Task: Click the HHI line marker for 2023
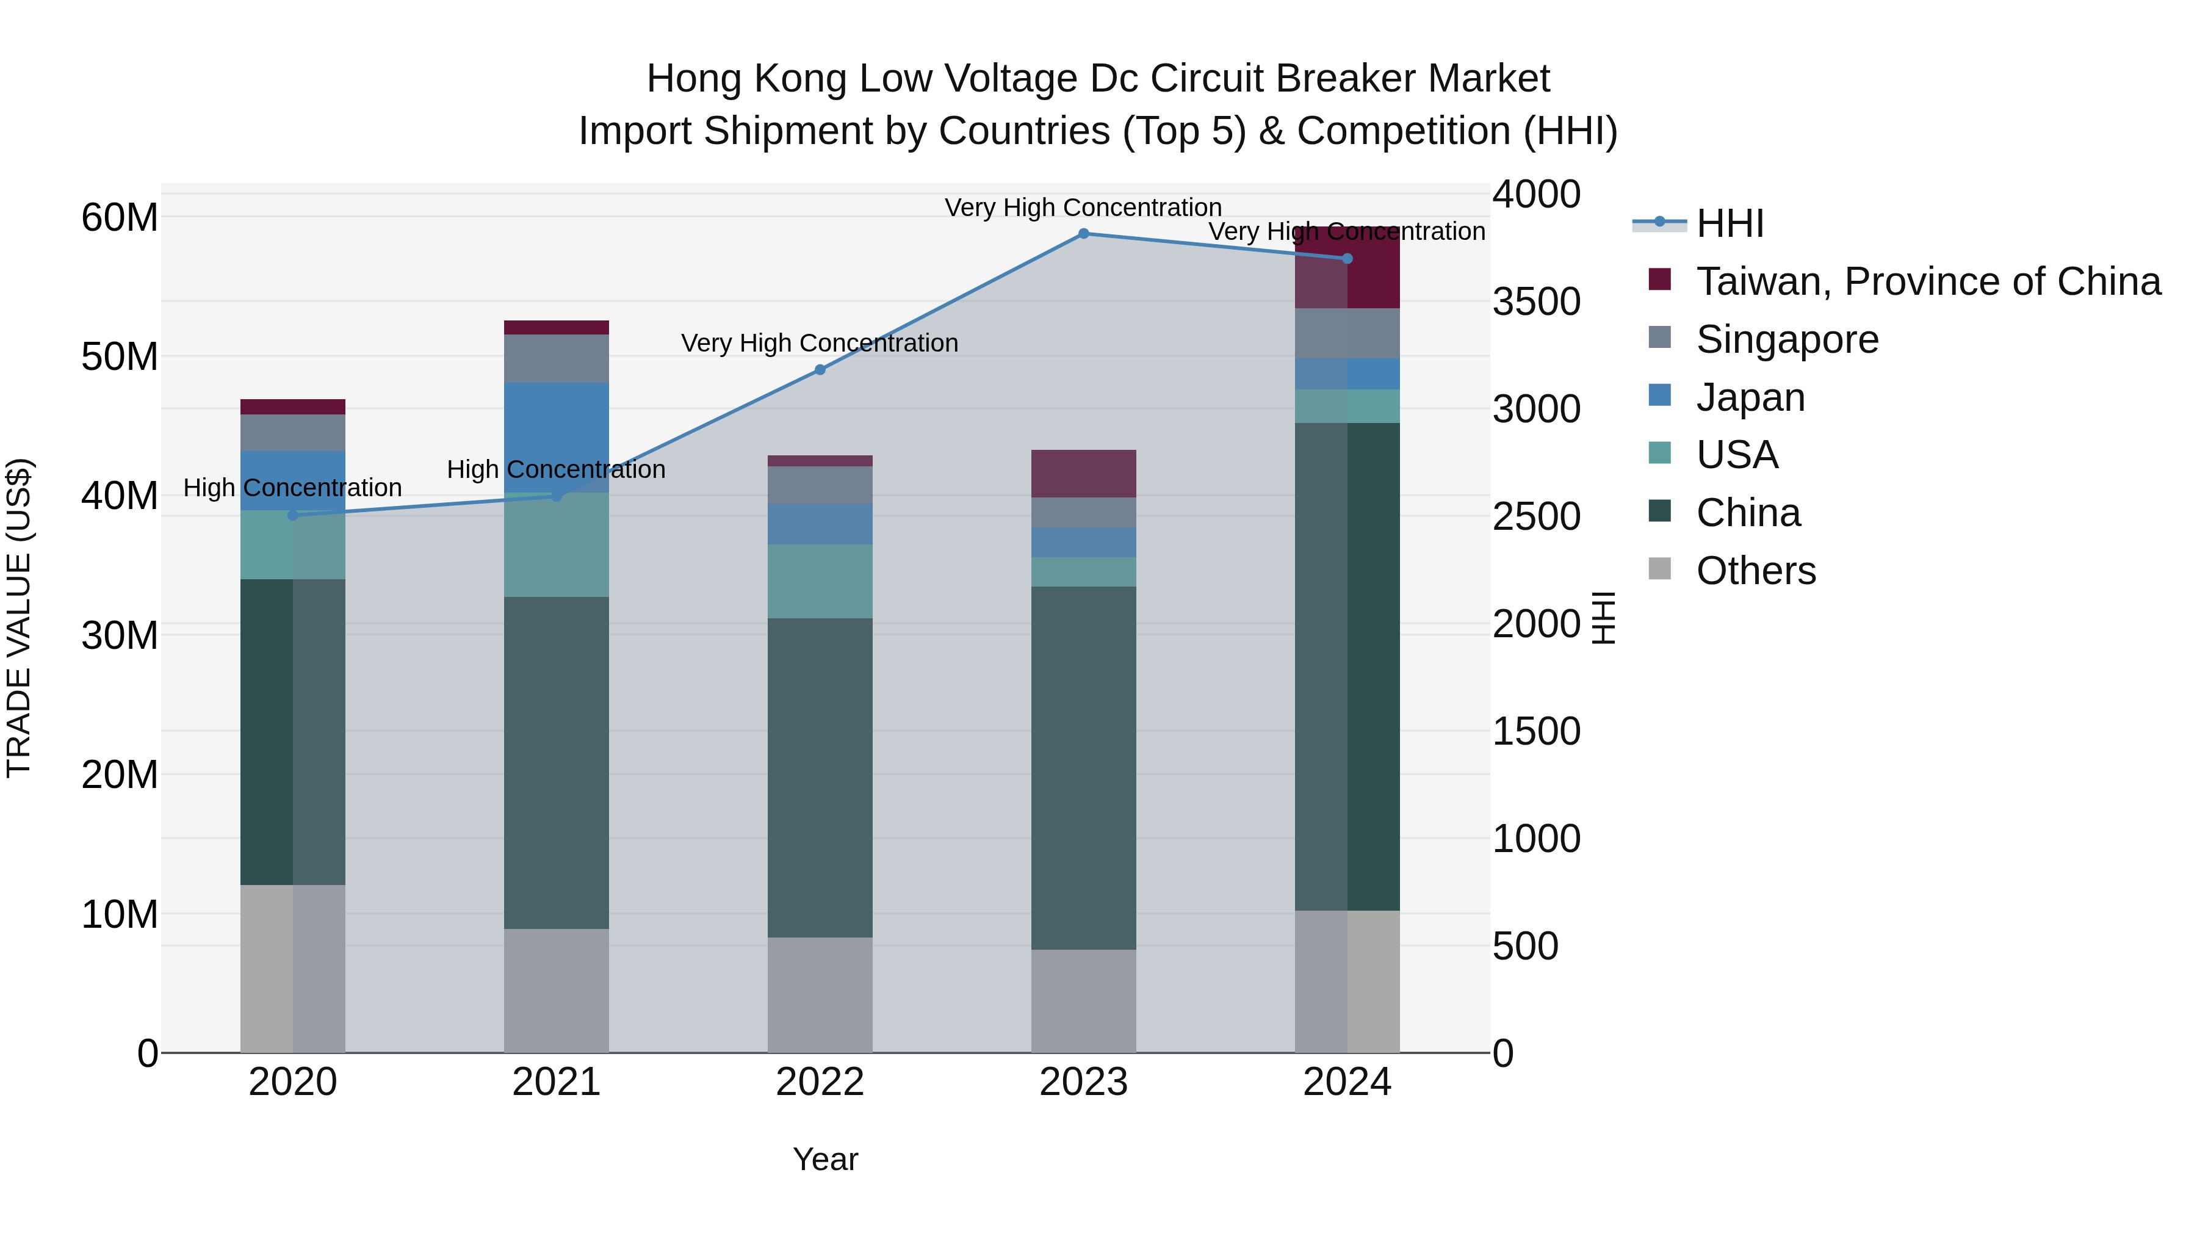1083,233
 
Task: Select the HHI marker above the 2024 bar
1347,258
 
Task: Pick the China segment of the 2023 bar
1083,768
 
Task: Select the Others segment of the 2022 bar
820,995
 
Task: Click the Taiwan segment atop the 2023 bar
1083,474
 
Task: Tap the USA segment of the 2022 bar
820,581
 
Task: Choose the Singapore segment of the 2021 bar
556,358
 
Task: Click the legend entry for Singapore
1787,339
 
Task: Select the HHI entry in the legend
1729,223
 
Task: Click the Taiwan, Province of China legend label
1927,281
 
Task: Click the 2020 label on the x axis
292,1082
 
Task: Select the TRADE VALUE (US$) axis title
19,618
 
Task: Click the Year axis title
824,1159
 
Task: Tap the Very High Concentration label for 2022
819,343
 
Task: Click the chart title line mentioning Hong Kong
1098,79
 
